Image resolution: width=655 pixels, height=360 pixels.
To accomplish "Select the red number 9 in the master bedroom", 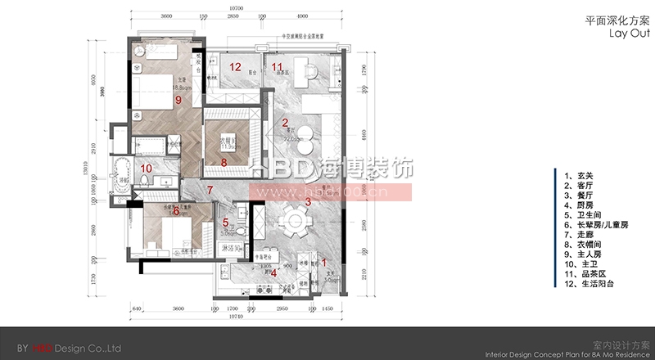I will click(178, 100).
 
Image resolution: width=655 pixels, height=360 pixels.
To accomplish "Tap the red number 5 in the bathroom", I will click(226, 222).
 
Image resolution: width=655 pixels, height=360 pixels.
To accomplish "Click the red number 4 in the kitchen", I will click(274, 273).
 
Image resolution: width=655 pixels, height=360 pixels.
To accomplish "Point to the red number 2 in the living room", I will click(285, 124).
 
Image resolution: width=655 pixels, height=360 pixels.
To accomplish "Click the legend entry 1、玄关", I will click(577, 175).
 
